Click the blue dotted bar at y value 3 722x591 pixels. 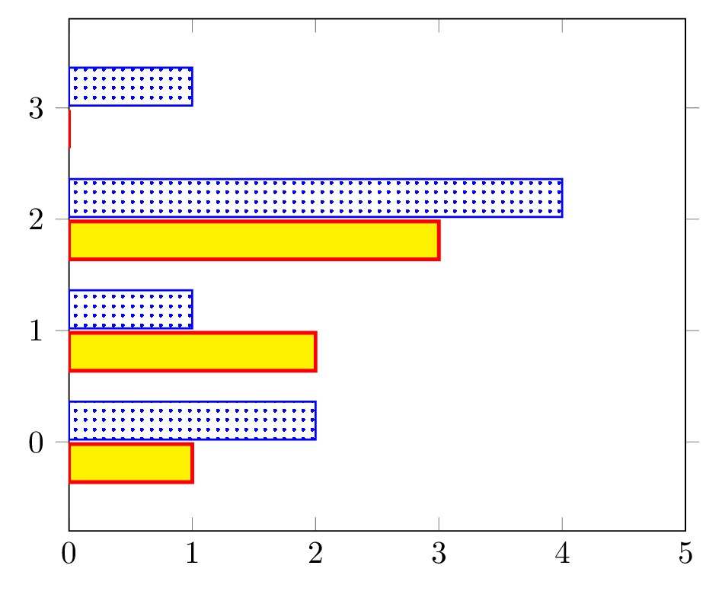131,87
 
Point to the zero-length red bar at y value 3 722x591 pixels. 69,129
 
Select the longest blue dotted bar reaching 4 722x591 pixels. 316,198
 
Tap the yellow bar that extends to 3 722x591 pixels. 254,240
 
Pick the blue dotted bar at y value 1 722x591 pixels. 131,309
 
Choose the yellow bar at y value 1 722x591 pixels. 193,352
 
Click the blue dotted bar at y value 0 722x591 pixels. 193,420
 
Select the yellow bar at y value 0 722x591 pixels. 131,463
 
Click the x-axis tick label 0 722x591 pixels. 69,553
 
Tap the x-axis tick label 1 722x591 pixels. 192,553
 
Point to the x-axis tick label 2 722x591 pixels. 315,553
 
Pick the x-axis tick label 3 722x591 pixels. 439,553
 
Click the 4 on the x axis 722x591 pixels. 562,553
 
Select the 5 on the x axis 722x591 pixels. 685,553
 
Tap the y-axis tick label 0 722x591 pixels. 36,442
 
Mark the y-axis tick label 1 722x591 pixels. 36,331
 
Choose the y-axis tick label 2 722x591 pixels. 36,220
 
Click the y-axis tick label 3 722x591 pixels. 36,109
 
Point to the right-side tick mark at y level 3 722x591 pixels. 692,107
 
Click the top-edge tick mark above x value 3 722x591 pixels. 439,26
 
